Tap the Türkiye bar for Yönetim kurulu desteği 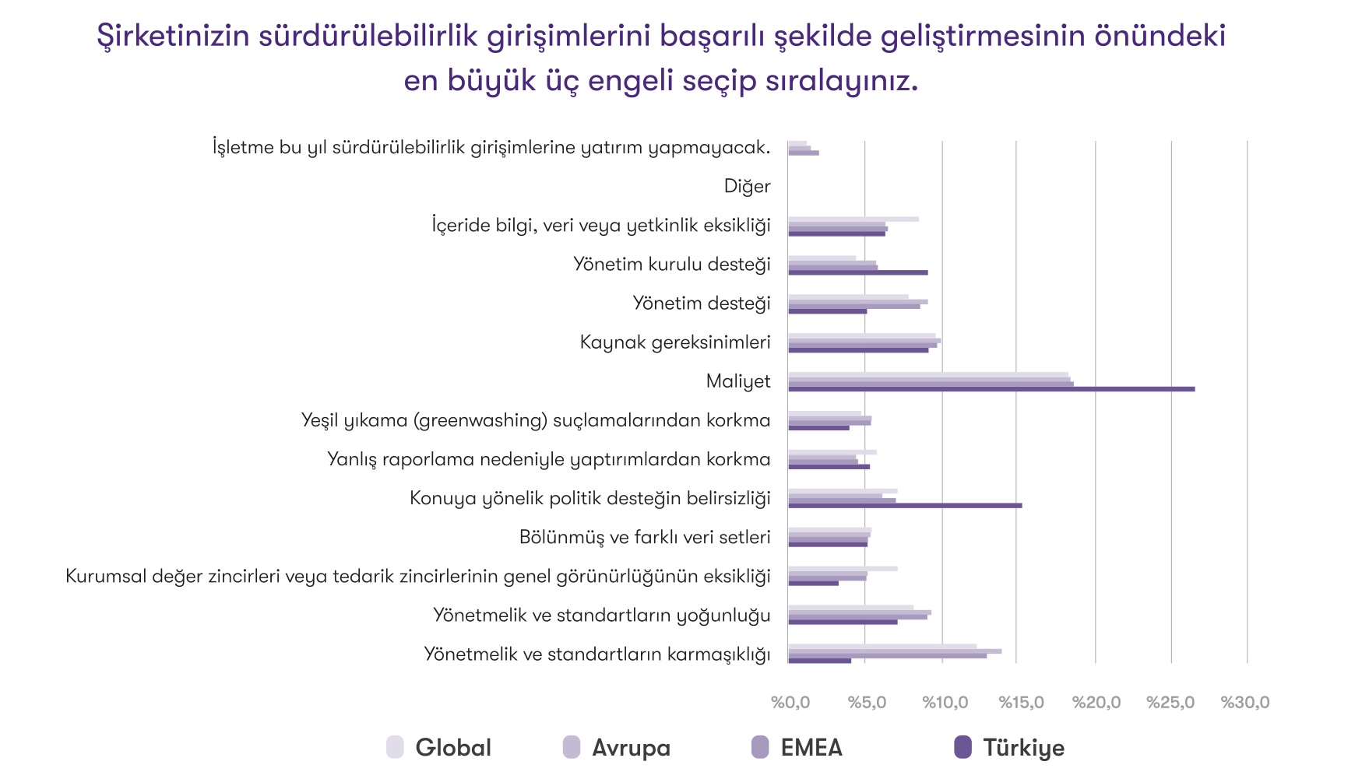click(857, 272)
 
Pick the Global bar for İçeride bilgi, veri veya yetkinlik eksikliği click(853, 219)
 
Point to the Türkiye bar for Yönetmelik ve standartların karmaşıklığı click(819, 661)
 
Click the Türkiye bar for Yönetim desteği click(827, 311)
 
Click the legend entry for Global click(439, 748)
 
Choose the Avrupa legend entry click(617, 748)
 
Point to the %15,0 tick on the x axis click(1021, 703)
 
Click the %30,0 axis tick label click(1244, 703)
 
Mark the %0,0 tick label click(790, 703)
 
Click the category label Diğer click(747, 187)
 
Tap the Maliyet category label click(737, 381)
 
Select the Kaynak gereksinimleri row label click(674, 342)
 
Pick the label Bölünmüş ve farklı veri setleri click(644, 537)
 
